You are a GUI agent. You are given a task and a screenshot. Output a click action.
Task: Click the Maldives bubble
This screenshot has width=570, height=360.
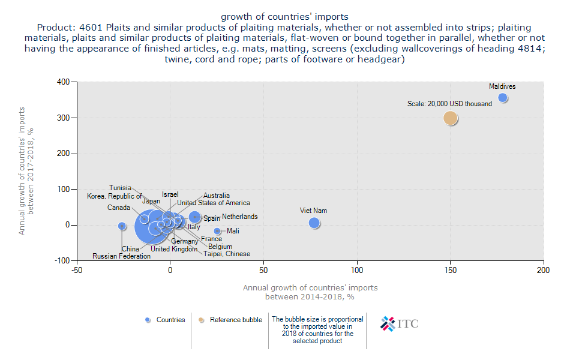[503, 98]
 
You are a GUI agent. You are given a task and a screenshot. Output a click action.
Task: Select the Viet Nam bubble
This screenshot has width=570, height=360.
[314, 223]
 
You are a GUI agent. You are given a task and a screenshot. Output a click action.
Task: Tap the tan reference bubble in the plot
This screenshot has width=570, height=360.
[451, 118]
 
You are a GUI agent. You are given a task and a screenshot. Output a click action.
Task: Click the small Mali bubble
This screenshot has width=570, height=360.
[217, 231]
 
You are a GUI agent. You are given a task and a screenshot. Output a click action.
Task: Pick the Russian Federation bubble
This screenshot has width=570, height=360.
[122, 226]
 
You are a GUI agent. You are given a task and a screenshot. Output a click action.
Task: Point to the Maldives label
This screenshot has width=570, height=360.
[502, 86]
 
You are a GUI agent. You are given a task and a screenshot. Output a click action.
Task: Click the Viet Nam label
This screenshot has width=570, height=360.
[314, 211]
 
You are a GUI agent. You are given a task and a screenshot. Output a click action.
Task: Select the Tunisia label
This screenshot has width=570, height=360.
[120, 188]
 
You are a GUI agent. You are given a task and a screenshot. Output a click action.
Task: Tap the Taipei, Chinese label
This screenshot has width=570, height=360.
[227, 254]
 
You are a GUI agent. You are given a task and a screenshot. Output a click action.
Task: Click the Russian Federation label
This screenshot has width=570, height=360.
[122, 256]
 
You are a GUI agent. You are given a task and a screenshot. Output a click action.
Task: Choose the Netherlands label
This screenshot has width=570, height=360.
[239, 217]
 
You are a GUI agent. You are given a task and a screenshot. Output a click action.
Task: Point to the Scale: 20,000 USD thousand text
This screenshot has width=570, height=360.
[449, 104]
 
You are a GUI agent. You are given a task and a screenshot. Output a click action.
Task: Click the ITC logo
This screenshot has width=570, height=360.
[400, 324]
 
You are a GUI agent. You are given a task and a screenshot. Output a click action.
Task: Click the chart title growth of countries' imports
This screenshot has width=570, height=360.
[284, 16]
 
